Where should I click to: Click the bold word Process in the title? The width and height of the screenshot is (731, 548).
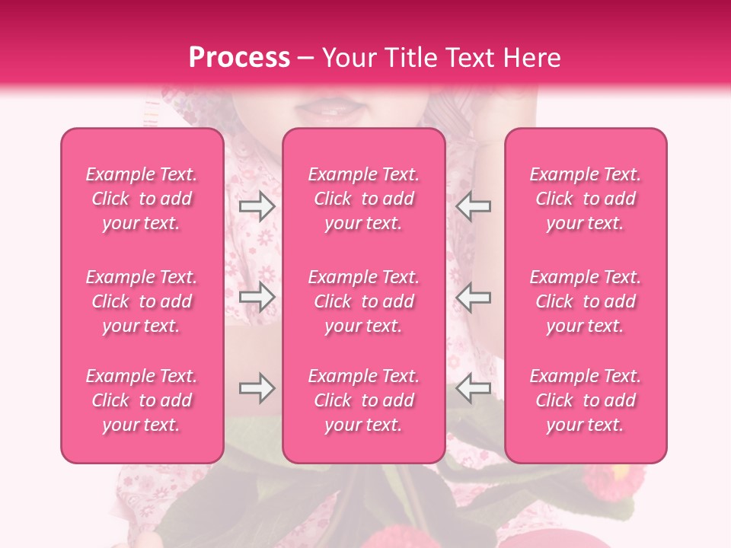click(x=239, y=58)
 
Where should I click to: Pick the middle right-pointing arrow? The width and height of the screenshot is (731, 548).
click(x=257, y=297)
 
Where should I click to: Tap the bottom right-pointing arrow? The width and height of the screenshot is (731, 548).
click(x=257, y=389)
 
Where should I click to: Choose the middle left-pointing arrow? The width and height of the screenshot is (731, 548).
click(x=474, y=297)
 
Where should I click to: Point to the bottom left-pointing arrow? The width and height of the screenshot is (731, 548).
click(x=474, y=389)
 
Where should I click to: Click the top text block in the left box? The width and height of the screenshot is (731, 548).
click(x=142, y=199)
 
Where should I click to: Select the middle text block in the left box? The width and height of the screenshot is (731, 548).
click(x=142, y=301)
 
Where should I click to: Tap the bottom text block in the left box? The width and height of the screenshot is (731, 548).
click(x=142, y=400)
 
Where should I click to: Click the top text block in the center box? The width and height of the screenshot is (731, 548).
click(x=363, y=199)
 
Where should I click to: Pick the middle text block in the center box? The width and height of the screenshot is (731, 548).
click(x=363, y=301)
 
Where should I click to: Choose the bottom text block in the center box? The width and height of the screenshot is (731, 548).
click(x=363, y=400)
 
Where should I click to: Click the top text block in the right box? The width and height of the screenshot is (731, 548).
click(x=586, y=199)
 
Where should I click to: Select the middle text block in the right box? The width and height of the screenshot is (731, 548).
click(x=586, y=301)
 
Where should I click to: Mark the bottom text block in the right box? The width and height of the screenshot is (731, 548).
click(x=586, y=400)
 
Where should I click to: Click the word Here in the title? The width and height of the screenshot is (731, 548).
click(x=534, y=58)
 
